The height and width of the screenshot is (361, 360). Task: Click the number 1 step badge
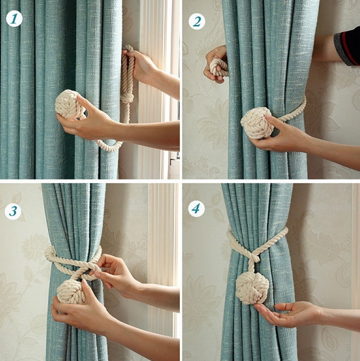14,19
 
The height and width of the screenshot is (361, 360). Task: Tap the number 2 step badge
197,21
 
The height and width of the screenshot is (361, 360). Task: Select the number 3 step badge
13,211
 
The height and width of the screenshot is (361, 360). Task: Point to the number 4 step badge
196,209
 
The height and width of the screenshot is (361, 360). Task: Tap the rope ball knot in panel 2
256,123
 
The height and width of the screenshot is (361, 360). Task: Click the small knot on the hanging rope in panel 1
127,98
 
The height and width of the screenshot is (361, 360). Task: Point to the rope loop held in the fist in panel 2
217,67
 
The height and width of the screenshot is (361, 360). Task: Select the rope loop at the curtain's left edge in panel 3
51,253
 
